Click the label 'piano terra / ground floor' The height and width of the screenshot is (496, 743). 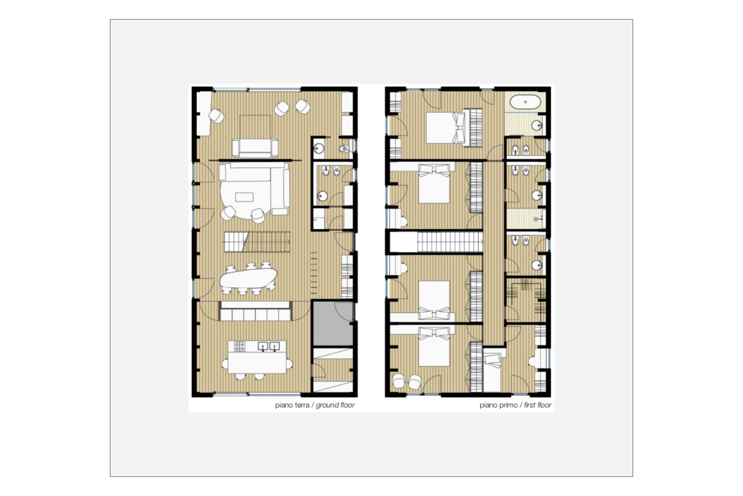[315, 405]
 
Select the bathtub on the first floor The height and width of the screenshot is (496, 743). [525, 102]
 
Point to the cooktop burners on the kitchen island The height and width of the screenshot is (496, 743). [239, 346]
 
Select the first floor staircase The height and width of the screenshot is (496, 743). [449, 241]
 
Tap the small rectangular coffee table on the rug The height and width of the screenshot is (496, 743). [245, 196]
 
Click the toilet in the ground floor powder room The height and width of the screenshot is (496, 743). [345, 150]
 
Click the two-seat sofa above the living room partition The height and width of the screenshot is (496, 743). [255, 147]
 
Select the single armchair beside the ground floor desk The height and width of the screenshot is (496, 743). [216, 116]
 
